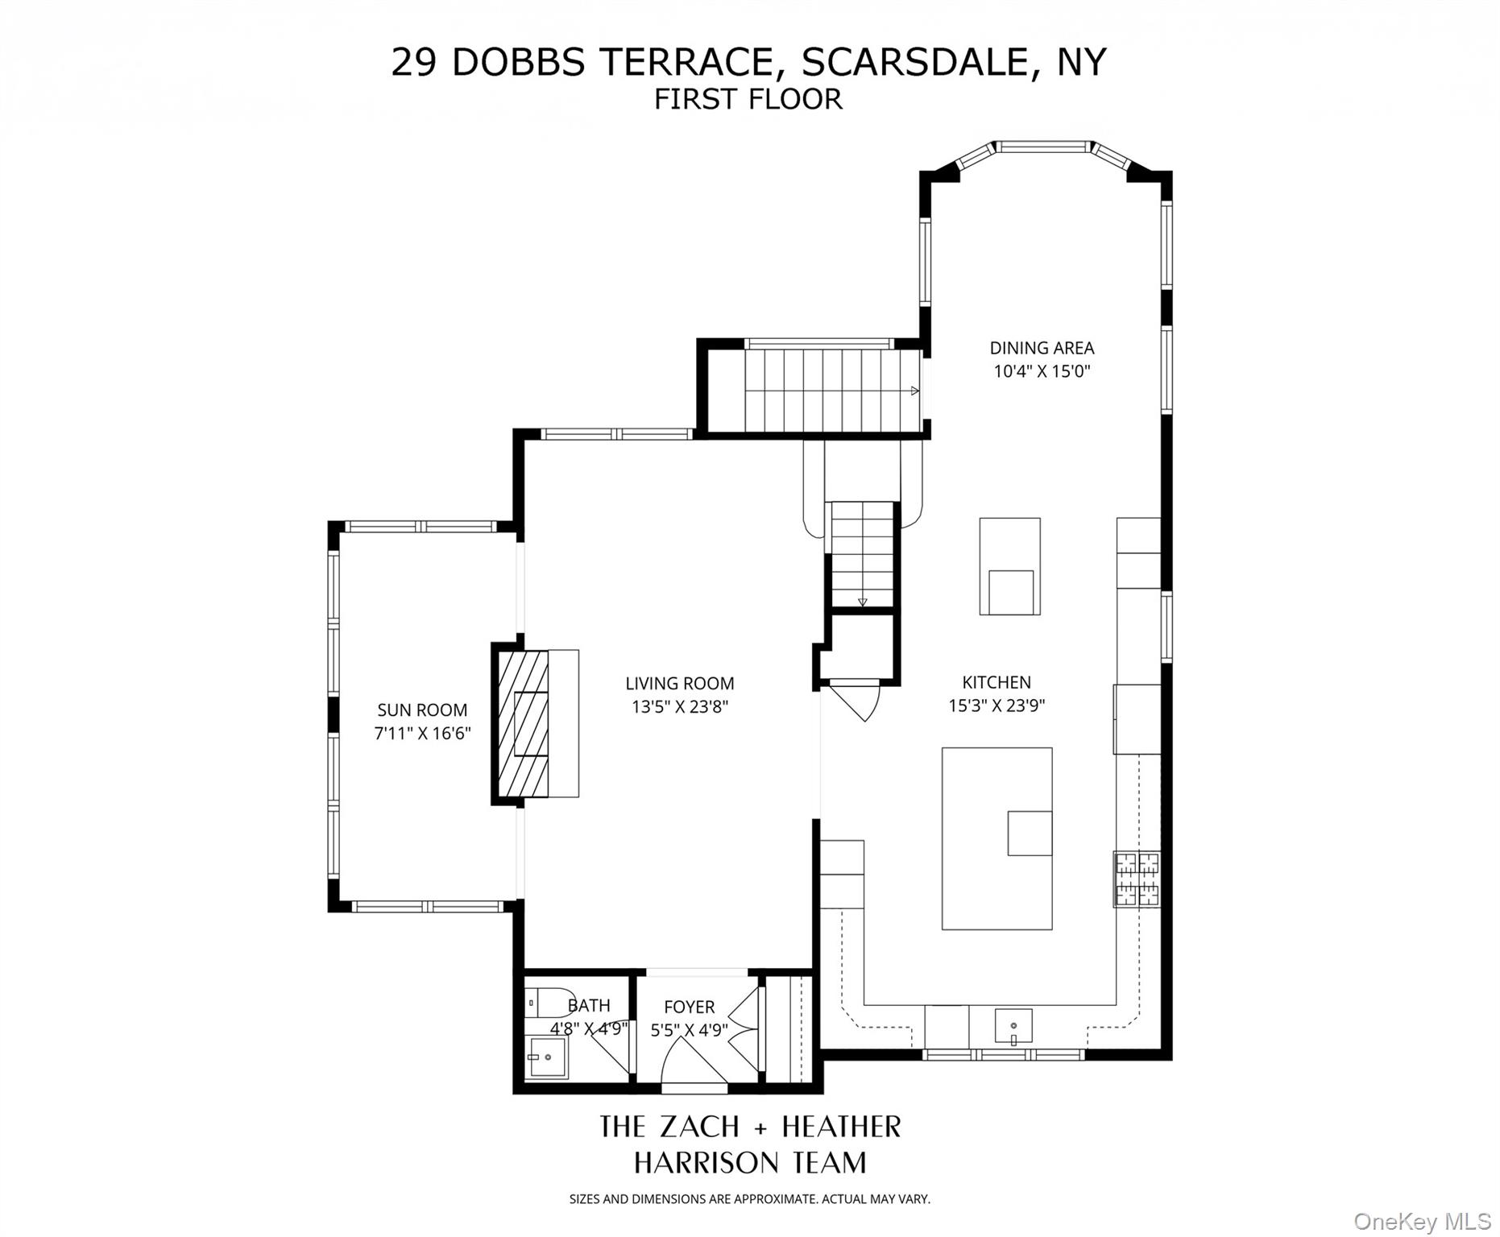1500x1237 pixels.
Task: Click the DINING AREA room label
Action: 1042,348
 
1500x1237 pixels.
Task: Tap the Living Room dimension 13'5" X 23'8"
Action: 680,707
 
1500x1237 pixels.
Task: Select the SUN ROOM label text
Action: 422,710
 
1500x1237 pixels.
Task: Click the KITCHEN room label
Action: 997,682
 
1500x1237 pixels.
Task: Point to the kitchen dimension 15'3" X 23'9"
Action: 997,706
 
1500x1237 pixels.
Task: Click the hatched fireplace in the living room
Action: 523,724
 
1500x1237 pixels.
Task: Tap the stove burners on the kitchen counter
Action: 1137,879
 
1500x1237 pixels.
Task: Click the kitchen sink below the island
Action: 1013,1026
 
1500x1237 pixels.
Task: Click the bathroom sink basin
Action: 547,1057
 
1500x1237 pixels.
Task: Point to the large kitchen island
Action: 997,838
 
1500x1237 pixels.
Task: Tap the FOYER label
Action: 689,1007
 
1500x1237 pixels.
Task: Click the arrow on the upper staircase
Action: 914,391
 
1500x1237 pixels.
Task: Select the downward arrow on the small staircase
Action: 862,601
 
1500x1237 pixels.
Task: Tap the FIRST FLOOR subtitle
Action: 748,99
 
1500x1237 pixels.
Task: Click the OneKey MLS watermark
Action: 1422,1221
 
